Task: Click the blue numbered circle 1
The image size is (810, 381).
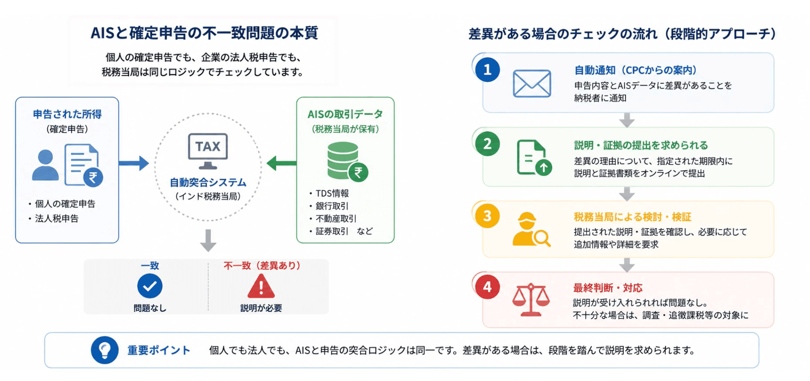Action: coord(487,70)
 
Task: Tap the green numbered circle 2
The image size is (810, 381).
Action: coord(487,144)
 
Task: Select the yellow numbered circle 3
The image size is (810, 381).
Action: coord(487,216)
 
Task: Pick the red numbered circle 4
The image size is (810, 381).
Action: coord(487,287)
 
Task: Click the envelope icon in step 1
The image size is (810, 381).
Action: coord(532,83)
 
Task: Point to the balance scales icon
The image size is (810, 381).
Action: coord(531,300)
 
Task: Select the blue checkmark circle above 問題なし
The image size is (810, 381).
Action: coord(150,286)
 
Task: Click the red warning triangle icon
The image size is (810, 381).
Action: coord(261,287)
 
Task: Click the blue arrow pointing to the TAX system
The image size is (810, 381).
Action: coord(134,163)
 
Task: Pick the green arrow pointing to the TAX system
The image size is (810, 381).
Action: coord(282,163)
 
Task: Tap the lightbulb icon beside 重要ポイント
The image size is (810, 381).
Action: coord(105,350)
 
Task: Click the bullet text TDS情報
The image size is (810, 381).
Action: coord(332,193)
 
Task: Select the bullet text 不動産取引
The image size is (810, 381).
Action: coord(336,219)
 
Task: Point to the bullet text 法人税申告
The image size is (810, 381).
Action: coord(57,219)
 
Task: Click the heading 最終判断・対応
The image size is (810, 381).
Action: coord(607,288)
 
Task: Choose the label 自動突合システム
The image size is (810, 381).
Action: coord(208,182)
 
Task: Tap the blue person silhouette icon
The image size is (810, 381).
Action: coord(46,164)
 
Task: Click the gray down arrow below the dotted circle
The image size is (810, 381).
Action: coord(208,240)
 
